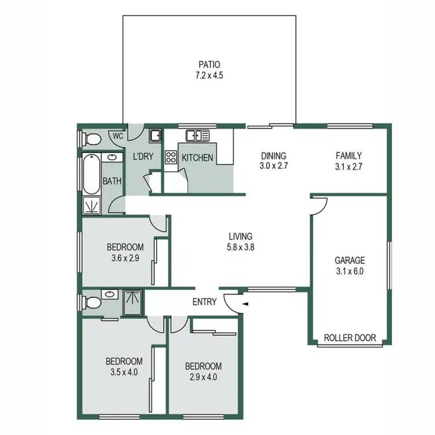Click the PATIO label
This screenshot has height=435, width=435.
point(209,64)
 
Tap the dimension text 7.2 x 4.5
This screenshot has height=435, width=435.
point(209,75)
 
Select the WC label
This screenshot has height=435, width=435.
point(118,136)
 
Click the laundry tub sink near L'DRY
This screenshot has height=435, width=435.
point(155,137)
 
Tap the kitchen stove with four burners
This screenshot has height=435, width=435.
point(171,158)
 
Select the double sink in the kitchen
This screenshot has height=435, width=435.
point(197,136)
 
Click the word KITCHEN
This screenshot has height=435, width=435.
point(198,158)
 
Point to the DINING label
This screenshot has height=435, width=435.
point(274,155)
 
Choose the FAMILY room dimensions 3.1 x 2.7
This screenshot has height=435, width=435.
point(349,166)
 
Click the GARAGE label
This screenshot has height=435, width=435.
point(350,260)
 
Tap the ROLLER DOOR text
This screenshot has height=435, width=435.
point(350,338)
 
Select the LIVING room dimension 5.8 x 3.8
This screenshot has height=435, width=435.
point(241,246)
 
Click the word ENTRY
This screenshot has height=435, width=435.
point(205,302)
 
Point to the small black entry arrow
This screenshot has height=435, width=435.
point(245,303)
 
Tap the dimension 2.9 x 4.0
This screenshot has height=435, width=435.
point(203,377)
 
